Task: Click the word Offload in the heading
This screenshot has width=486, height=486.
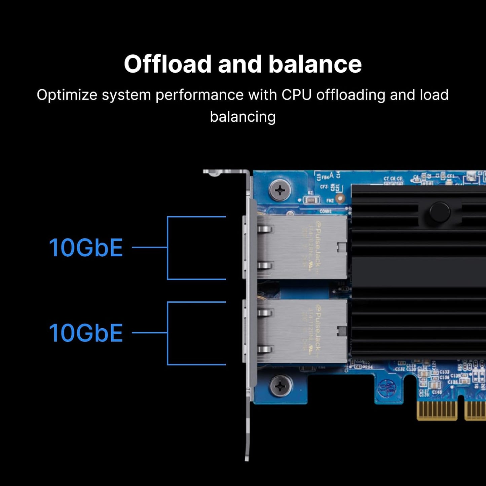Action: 167,64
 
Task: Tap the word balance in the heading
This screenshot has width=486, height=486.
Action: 315,64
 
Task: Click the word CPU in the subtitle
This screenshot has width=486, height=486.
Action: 297,95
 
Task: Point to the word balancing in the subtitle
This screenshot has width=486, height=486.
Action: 243,117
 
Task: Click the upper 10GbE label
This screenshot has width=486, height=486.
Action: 86,248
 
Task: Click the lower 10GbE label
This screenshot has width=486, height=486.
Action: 86,333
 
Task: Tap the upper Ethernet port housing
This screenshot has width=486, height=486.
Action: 301,247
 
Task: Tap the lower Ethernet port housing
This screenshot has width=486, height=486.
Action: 301,332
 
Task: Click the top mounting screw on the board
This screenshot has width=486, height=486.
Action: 280,191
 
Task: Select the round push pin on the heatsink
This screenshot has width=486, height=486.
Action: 440,212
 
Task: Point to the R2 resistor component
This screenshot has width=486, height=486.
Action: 311,200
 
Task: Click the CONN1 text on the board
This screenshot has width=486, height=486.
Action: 326,211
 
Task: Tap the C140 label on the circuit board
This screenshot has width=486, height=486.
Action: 437,392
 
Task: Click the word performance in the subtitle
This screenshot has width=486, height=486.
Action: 199,95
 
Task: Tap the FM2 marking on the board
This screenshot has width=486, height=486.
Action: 330,200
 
